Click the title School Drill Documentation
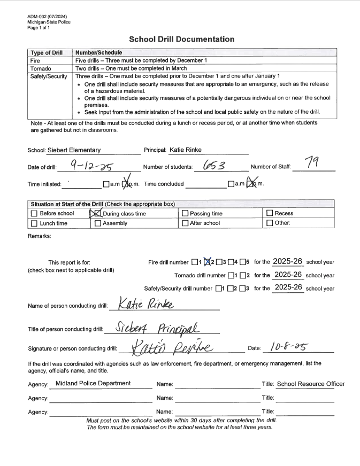(181, 39)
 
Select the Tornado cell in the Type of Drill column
(39, 68)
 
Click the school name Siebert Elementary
(74, 150)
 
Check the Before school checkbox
(34, 214)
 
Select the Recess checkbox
(270, 214)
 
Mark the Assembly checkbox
(97, 223)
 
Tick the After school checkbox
(185, 223)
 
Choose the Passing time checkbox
(185, 214)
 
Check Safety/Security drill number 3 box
(242, 289)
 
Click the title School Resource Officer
(311, 384)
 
